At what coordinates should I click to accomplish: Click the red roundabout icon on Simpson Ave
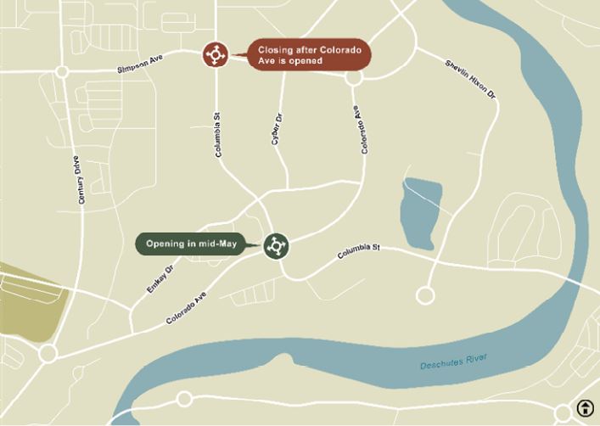click(x=215, y=54)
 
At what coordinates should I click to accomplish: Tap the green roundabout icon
click(x=276, y=246)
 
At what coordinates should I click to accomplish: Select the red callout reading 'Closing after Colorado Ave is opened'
click(x=309, y=56)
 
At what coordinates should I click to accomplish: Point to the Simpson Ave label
click(x=140, y=65)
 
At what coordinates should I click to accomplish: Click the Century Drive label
click(x=81, y=179)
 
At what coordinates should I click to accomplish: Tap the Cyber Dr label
click(x=276, y=129)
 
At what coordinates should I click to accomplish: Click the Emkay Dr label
click(x=160, y=277)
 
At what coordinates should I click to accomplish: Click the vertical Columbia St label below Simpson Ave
click(x=219, y=136)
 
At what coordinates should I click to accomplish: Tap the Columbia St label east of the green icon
click(x=358, y=251)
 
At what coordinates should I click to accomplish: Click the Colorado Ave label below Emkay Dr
click(x=186, y=307)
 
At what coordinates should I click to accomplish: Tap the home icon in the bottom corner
click(x=585, y=408)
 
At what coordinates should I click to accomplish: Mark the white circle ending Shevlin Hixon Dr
click(x=425, y=295)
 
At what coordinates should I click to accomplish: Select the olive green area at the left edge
click(x=25, y=301)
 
